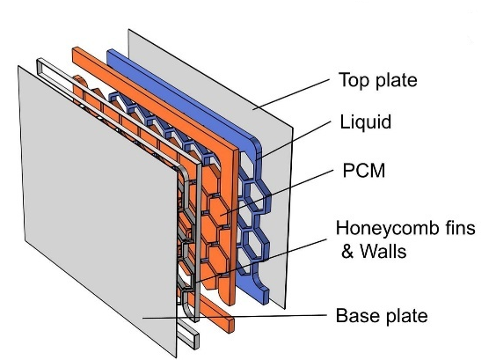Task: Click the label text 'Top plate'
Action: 377,81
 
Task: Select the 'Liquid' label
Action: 365,121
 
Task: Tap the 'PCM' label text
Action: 364,171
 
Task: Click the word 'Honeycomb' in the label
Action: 387,229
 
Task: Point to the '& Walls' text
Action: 374,252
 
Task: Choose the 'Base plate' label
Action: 382,316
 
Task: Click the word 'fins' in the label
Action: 459,228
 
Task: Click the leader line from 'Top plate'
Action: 291,94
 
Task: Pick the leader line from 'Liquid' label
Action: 295,139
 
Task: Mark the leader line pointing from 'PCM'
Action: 277,193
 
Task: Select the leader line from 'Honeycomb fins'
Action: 260,261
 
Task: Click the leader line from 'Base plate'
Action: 235,317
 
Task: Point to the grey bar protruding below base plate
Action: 188,335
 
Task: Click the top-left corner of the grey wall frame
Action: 39,60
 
